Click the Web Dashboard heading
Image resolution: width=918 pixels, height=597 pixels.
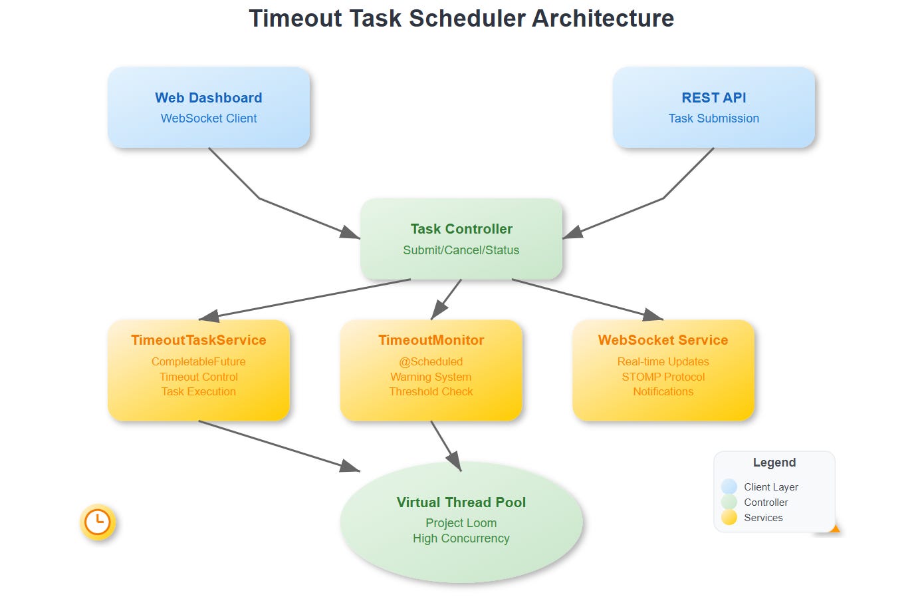[x=209, y=98]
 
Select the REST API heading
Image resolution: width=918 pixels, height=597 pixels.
[x=714, y=98]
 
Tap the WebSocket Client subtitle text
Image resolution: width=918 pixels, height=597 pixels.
[x=209, y=118]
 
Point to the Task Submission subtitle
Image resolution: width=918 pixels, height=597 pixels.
[x=714, y=118]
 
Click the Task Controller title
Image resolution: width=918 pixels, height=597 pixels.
[x=461, y=229]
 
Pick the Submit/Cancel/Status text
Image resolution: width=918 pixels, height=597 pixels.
[x=461, y=250]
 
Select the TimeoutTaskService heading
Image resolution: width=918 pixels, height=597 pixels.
[x=199, y=340]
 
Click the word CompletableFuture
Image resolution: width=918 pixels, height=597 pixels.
[x=199, y=361]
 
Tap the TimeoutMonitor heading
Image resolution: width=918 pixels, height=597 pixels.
[x=431, y=340]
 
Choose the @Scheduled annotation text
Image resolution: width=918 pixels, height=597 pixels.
[x=431, y=361]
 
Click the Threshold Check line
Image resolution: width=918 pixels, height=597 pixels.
[x=431, y=391]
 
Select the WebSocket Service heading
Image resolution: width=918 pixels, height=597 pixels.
[x=663, y=340]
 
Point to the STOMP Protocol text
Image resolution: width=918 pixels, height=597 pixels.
[x=663, y=377]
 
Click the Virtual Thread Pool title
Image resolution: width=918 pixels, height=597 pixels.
[x=461, y=502]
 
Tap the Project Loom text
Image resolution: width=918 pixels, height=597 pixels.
[x=461, y=523]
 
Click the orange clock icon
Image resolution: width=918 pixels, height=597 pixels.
[x=98, y=522]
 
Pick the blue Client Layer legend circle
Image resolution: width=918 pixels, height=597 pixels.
[x=729, y=487]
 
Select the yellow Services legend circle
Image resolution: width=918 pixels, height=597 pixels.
[x=729, y=517]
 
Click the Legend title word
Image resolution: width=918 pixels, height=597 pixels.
[x=774, y=463]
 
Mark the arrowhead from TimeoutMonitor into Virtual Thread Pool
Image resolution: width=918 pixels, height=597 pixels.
[x=455, y=462]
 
